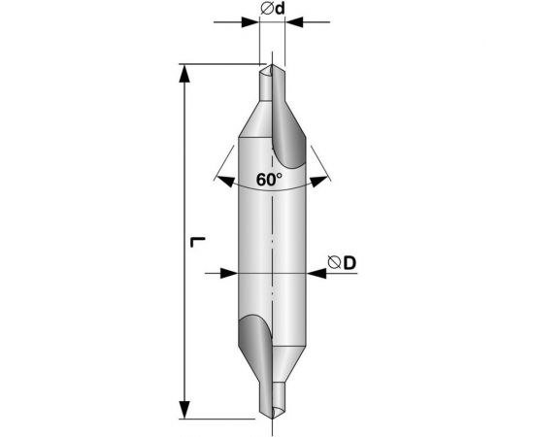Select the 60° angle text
coord(269,180)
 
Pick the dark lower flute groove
coord(251,341)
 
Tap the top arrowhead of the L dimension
coord(184,72)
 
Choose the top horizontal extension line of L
coord(218,64)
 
